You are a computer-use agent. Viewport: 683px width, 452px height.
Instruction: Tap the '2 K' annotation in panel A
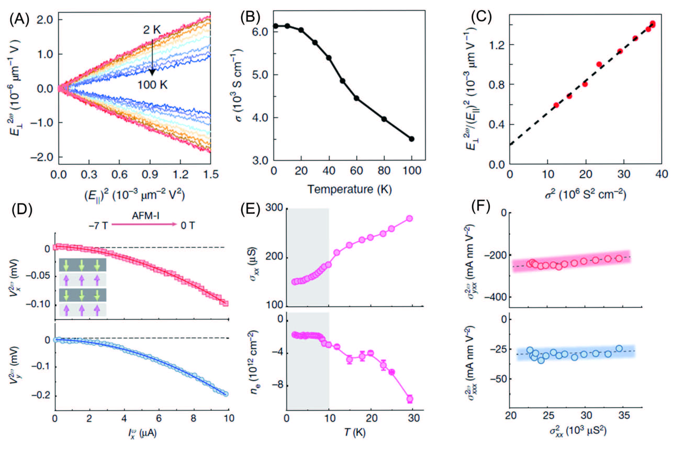(x=152, y=30)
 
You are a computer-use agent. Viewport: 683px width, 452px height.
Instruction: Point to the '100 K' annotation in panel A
(x=152, y=85)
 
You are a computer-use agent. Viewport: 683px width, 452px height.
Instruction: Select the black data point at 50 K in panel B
(x=343, y=81)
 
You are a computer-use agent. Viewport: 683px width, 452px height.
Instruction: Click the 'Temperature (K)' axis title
(x=349, y=189)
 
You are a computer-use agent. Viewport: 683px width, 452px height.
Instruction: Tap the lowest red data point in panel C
(x=556, y=105)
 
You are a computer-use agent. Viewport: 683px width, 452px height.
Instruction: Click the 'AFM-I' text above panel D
(x=146, y=216)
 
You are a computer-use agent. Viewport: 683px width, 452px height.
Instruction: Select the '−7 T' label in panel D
(x=98, y=226)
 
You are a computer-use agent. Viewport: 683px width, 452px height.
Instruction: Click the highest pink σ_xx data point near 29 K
(x=409, y=218)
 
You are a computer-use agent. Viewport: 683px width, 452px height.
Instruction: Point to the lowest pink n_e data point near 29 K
(x=410, y=399)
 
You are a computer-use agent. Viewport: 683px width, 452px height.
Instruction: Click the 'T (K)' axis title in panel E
(x=355, y=432)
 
